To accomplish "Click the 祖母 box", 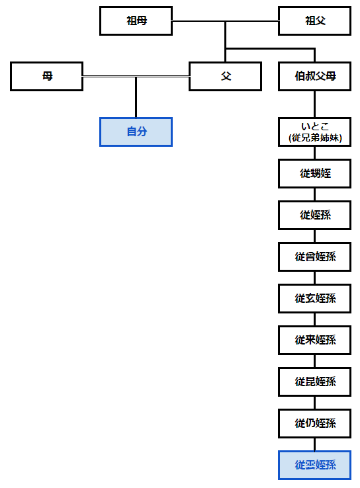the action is coord(136,21).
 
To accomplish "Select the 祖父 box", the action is coord(314,21).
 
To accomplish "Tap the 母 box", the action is coord(47,76).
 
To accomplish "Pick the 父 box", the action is coord(225,76).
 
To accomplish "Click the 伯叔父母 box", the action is coord(314,76).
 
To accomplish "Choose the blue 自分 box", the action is coord(136,132).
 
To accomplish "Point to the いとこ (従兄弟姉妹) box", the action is coord(314,132).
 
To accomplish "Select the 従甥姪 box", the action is coord(314,174).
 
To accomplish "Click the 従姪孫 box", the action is coord(314,216).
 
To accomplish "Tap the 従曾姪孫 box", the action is coord(314,257).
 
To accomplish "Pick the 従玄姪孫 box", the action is coord(314,299).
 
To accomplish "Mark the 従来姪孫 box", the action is coord(314,341).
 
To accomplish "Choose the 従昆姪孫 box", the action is coord(314,382).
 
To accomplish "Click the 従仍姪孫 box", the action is coord(314,424).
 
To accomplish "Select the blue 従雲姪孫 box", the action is coord(314,466).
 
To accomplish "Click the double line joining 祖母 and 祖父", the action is coord(225,21).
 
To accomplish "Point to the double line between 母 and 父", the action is coord(136,76).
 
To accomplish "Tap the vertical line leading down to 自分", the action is coord(136,98).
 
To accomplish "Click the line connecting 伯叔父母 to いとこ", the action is coord(314,104).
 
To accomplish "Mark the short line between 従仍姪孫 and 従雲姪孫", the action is coord(314,444).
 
